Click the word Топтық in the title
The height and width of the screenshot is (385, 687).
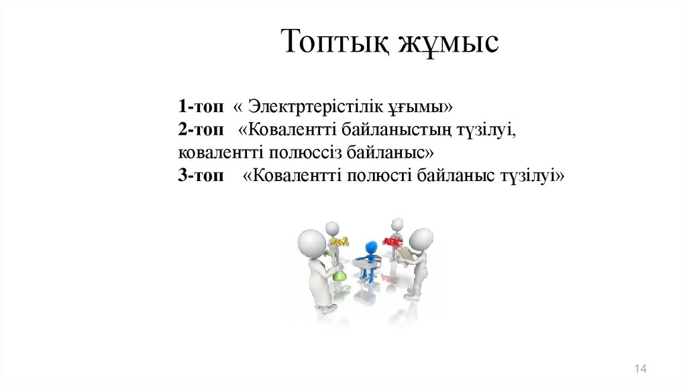(333, 43)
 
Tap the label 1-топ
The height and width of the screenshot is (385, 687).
(201, 107)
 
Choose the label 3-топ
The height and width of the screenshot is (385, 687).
(201, 176)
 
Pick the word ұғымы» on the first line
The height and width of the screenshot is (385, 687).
(423, 107)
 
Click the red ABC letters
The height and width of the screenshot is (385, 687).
(392, 240)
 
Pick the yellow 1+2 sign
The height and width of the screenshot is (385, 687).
(340, 241)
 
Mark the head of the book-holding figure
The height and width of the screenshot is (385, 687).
(421, 239)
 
